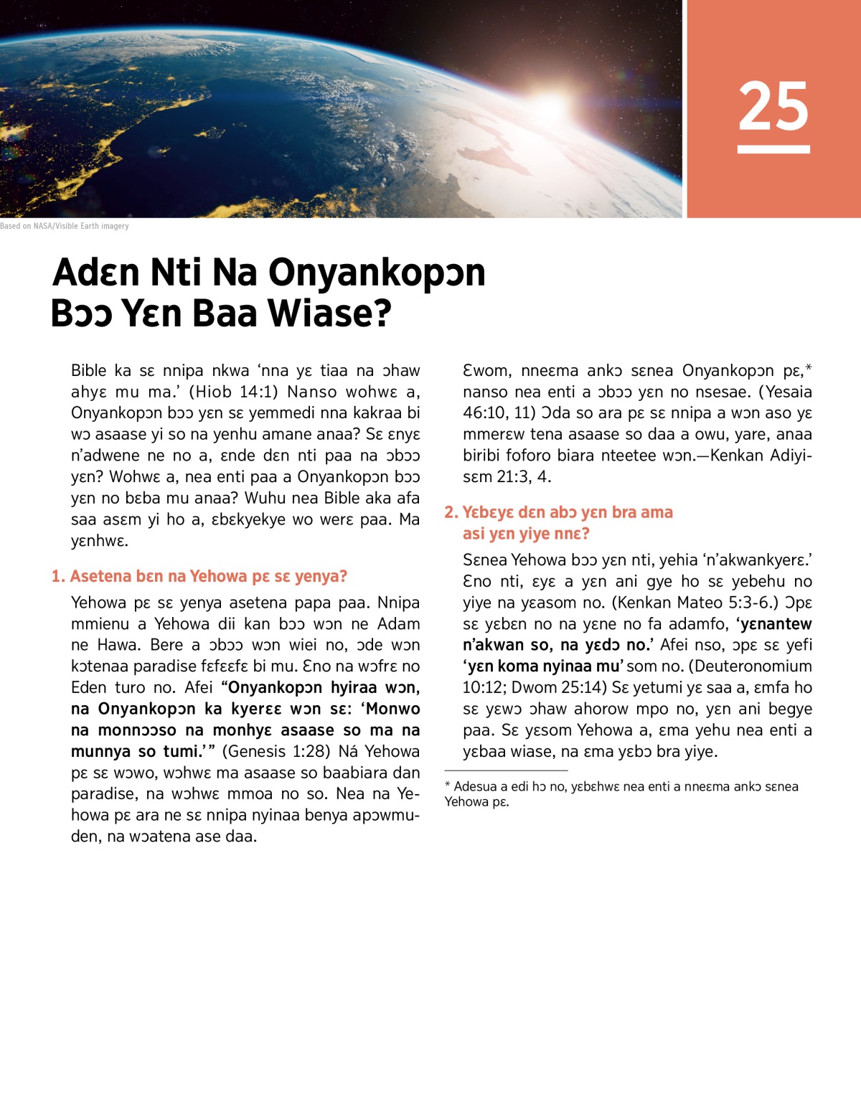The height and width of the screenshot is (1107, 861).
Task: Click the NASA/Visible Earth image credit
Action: [65, 226]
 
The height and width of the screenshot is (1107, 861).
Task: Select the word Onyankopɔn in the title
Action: [377, 273]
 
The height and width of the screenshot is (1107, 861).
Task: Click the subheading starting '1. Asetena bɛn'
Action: [199, 576]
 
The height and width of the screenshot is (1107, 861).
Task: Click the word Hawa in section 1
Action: [119, 645]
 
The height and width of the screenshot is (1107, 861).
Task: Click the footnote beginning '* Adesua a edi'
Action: [621, 793]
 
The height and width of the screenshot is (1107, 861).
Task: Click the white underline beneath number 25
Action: [773, 149]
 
